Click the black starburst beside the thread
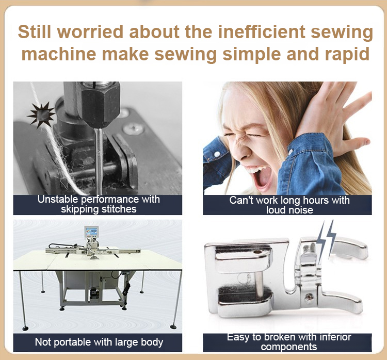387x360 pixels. (x=41, y=115)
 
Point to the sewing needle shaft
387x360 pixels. (x=99, y=158)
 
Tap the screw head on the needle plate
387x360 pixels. (x=134, y=128)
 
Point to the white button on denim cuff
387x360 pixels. (x=217, y=154)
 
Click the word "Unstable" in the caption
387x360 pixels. (x=58, y=199)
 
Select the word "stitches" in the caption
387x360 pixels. (x=119, y=209)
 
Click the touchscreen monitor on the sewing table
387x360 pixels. (x=91, y=233)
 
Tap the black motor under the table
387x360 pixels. (x=94, y=293)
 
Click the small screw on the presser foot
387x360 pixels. (x=309, y=297)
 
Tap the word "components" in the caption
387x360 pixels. (x=289, y=347)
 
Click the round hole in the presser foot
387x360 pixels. (x=258, y=252)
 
